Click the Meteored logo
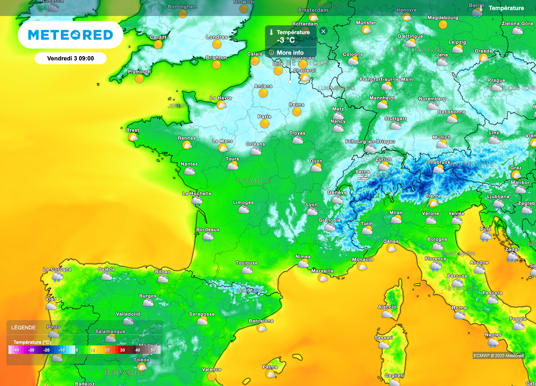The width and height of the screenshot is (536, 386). click(x=70, y=35)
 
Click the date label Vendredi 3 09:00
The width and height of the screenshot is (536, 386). click(x=71, y=58)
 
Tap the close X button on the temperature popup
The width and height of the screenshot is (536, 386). click(x=323, y=31)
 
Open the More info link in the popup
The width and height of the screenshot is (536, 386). click(x=290, y=52)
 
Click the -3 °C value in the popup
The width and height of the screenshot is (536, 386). click(x=286, y=40)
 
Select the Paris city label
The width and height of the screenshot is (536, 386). click(x=264, y=116)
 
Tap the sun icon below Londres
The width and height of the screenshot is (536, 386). click(x=217, y=45)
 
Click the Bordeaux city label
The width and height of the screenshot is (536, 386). click(x=207, y=229)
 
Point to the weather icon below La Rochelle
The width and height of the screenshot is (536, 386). click(x=197, y=201)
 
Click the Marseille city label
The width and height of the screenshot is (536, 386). click(x=322, y=271)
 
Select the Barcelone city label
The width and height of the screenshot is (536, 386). click(x=261, y=321)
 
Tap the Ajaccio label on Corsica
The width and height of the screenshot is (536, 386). click(x=387, y=307)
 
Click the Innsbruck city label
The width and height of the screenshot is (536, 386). click(x=438, y=162)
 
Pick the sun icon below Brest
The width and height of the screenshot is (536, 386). click(x=133, y=137)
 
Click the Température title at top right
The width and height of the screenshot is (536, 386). click(x=506, y=8)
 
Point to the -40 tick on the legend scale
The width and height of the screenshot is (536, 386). click(x=16, y=350)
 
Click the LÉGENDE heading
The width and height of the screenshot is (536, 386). click(x=24, y=327)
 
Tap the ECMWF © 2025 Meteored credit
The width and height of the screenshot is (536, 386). click(x=498, y=356)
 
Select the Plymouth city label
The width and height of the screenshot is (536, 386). click(x=139, y=72)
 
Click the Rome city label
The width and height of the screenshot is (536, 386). click(x=459, y=308)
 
